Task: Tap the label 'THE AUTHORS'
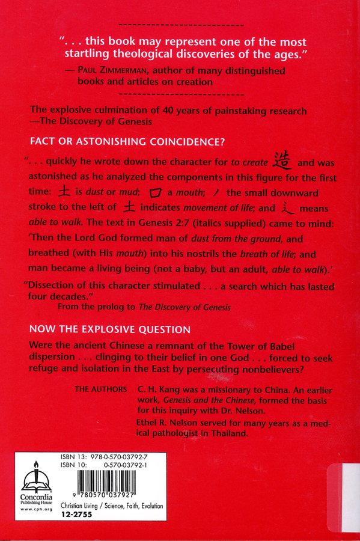pos(100,390)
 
